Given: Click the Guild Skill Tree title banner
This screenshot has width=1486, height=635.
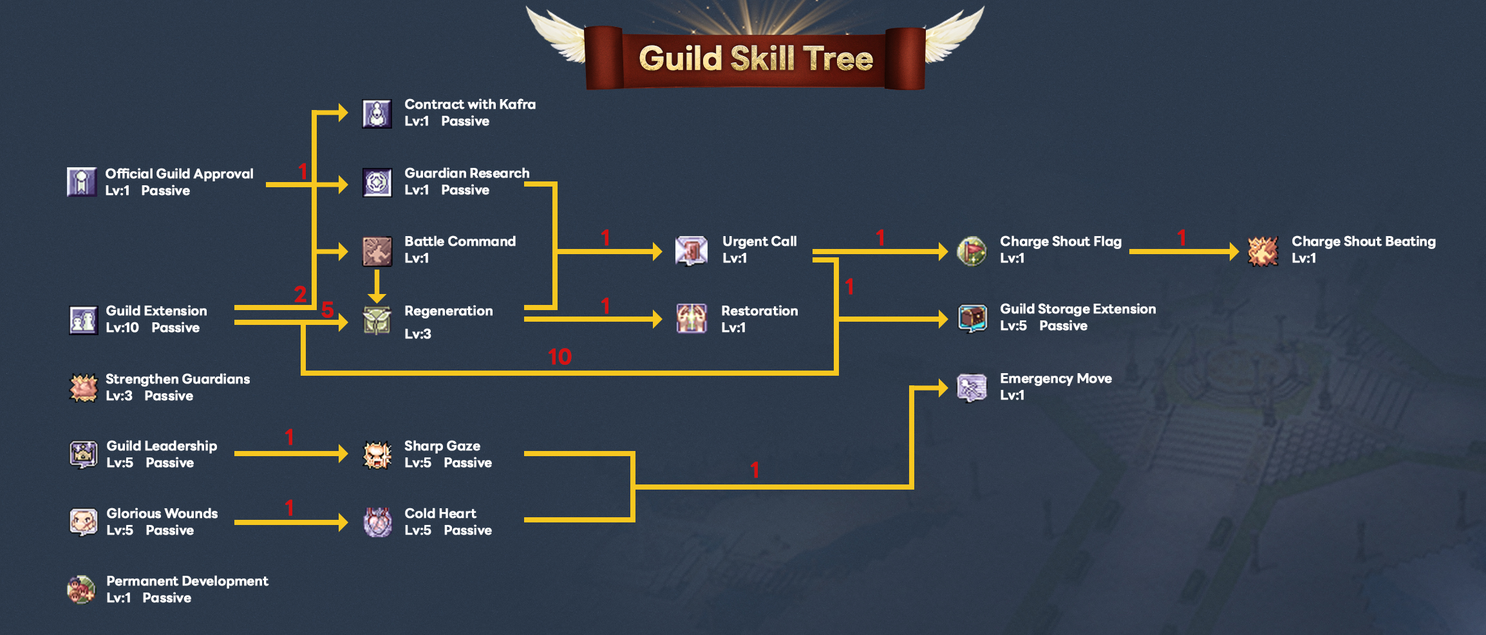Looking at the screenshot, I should tap(755, 58).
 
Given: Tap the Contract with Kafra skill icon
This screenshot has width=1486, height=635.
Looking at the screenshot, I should tap(377, 114).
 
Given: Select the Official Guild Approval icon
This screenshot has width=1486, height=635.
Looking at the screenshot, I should tap(82, 182).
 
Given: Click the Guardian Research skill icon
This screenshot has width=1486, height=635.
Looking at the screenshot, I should tap(377, 183).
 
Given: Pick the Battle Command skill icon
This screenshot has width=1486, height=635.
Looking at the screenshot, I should tap(377, 251).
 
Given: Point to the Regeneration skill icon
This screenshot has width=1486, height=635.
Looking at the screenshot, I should tap(377, 320).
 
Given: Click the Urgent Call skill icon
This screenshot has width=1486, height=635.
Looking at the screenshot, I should tap(691, 250).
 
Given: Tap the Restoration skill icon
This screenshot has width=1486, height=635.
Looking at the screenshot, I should tap(691, 319).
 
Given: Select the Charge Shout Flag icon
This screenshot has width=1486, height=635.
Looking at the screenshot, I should tap(972, 251).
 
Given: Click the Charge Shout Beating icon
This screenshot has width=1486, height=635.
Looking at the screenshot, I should tap(1263, 251).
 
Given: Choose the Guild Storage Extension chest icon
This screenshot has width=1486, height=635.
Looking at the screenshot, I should tap(972, 318).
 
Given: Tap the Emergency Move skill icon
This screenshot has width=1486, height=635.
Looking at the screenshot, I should tap(972, 387).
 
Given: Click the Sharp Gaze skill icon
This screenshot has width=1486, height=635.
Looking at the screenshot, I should tap(377, 455).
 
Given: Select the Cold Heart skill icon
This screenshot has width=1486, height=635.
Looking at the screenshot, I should tap(377, 522).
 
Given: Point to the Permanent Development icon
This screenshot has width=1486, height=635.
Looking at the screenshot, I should tap(82, 589).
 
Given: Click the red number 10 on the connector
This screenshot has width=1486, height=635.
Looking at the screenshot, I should tap(560, 357).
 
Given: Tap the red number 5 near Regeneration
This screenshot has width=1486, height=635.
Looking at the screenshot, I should tap(327, 309).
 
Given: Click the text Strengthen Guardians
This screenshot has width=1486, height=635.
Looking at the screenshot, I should tap(178, 379).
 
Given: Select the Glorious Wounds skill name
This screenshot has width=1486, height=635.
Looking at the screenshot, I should tap(162, 513).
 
